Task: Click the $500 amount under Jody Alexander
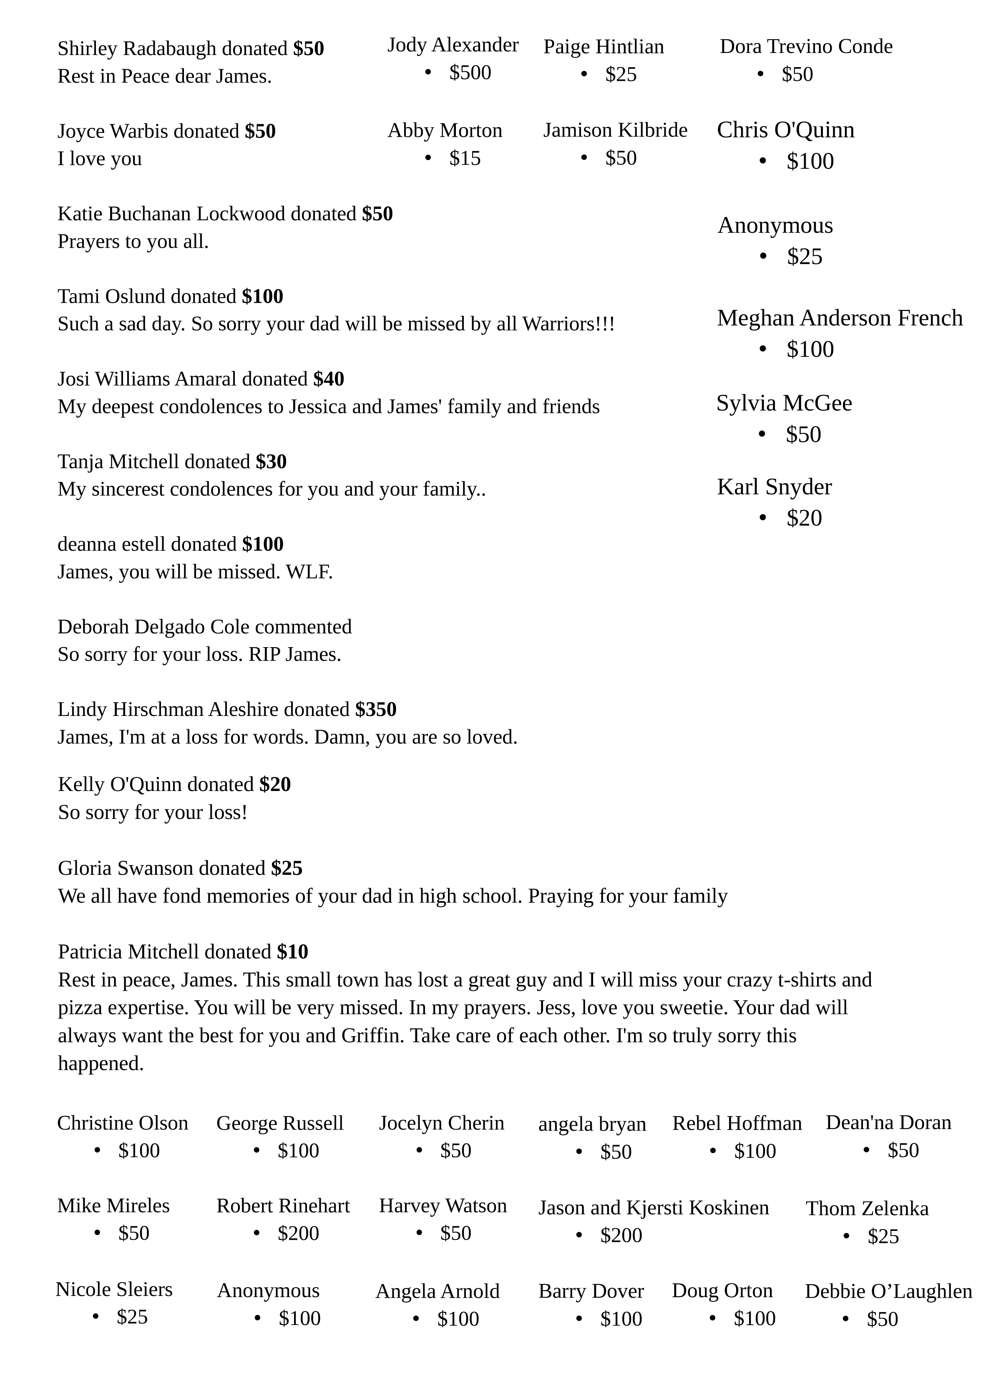click(x=470, y=73)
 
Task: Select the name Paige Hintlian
click(x=604, y=47)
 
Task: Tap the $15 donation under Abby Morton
click(x=465, y=158)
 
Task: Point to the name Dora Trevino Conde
click(x=805, y=47)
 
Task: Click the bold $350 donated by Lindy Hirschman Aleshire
click(x=376, y=709)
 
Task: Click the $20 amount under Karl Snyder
click(x=804, y=518)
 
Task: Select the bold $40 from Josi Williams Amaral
click(x=328, y=379)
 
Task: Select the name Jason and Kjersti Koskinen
click(x=653, y=1208)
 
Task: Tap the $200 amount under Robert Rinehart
click(x=298, y=1233)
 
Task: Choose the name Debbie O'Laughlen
click(x=888, y=1291)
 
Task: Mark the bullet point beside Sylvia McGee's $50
click(x=762, y=434)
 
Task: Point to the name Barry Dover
click(x=591, y=1291)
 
